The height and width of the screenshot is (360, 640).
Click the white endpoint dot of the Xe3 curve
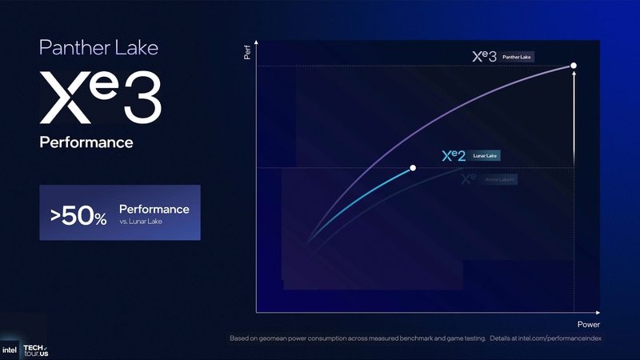[574, 65]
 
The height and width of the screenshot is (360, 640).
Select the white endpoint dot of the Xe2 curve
[413, 168]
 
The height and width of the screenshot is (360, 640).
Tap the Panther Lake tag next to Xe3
[518, 57]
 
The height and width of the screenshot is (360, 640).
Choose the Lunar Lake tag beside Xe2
[486, 156]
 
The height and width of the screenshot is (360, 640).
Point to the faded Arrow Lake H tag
[500, 180]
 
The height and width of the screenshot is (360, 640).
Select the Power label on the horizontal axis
[588, 325]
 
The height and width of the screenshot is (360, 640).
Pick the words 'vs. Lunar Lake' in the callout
[142, 222]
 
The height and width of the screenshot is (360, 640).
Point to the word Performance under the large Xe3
[86, 142]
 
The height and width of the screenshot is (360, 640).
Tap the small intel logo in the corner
[10, 349]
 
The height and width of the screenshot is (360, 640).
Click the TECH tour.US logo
[35, 349]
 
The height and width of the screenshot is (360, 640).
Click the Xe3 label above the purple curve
[484, 57]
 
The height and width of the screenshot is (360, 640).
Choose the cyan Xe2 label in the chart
[453, 156]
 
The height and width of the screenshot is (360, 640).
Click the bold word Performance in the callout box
[154, 209]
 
